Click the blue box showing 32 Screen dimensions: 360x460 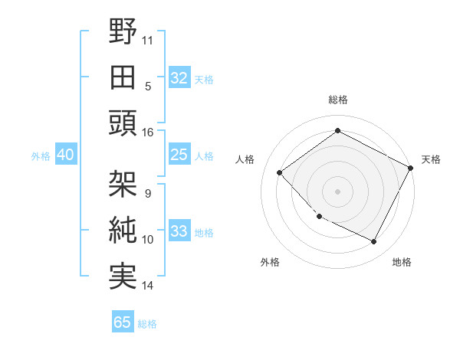(x=179, y=78)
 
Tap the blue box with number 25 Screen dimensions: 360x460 (x=179, y=155)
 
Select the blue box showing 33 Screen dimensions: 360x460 (x=179, y=232)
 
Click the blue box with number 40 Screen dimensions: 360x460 (x=65, y=155)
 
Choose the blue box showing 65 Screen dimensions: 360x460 (x=123, y=322)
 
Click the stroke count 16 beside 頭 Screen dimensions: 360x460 (x=148, y=132)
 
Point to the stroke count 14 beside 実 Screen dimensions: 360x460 (x=148, y=286)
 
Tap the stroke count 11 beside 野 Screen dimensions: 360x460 (x=148, y=40)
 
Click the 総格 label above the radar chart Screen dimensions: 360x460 (x=337, y=100)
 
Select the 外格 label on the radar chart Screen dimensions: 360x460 (x=270, y=262)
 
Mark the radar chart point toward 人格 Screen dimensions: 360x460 (x=280, y=173)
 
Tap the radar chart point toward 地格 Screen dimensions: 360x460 (x=373, y=242)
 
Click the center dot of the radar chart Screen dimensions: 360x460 (x=337, y=191)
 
